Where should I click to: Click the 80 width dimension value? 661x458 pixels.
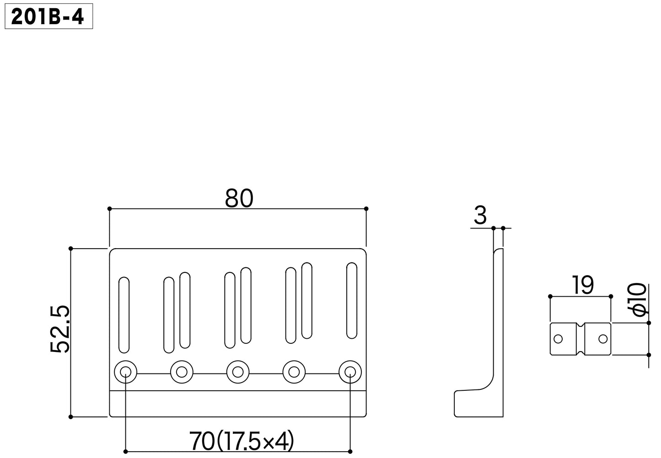239,198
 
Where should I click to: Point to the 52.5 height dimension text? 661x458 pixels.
60,330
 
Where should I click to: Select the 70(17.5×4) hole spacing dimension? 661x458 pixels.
242,441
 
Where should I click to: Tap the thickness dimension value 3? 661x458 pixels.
480,215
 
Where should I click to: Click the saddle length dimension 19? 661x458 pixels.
582,285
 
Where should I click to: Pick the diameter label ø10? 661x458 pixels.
638,300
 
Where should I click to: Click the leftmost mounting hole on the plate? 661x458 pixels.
126,372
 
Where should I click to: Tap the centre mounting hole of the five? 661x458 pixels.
238,372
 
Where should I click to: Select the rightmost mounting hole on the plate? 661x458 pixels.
350,372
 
